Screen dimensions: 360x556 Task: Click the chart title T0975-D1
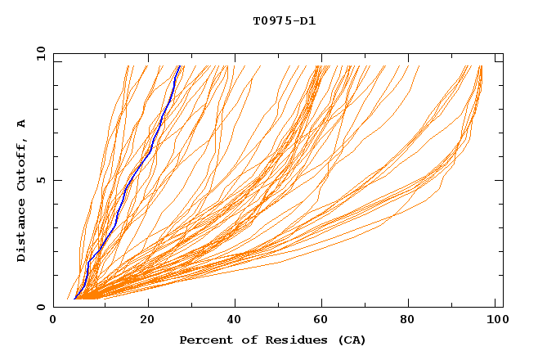coord(284,21)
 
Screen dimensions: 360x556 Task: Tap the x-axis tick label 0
coord(53,322)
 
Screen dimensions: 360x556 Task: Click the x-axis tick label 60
coord(324,322)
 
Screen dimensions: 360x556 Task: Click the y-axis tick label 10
coord(40,53)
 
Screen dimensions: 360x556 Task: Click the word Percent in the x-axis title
coord(203,340)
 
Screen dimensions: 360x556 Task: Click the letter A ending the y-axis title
coord(22,124)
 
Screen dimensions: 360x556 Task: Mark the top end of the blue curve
coord(179,66)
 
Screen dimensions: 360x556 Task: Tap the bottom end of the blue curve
coord(74,299)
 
